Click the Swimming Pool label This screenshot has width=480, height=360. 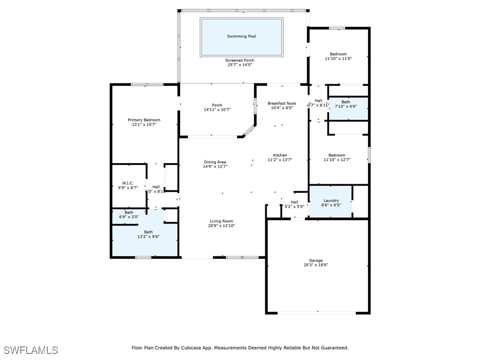pyautogui.click(x=241, y=36)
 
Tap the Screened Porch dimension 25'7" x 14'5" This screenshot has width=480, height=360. pyautogui.click(x=240, y=65)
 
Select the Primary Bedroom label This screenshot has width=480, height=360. pyautogui.click(x=144, y=120)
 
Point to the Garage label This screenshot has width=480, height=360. pyautogui.click(x=315, y=261)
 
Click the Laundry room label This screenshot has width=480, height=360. pyautogui.click(x=331, y=201)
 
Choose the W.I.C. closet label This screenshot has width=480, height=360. pyautogui.click(x=128, y=183)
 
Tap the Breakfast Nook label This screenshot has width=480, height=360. pyautogui.click(x=282, y=103)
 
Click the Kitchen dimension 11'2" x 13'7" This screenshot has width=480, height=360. pyautogui.click(x=280, y=160)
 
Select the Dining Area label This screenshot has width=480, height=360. pyautogui.click(x=215, y=162)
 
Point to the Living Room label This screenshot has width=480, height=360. pyautogui.click(x=221, y=221)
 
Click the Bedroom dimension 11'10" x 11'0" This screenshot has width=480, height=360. pyautogui.click(x=338, y=59)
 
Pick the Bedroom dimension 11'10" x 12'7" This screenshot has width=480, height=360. pyautogui.click(x=337, y=160)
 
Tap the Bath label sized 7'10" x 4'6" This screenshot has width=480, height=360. pyautogui.click(x=345, y=102)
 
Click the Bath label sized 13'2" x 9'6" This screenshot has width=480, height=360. pyautogui.click(x=148, y=232)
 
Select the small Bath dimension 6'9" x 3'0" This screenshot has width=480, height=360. pyautogui.click(x=128, y=217)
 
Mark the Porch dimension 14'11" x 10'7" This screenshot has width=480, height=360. pyautogui.click(x=217, y=110)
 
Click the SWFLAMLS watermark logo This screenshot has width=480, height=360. pyautogui.click(x=31, y=350)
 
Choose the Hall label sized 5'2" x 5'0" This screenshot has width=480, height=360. pyautogui.click(x=294, y=202)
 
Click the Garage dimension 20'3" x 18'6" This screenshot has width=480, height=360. pyautogui.click(x=315, y=265)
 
